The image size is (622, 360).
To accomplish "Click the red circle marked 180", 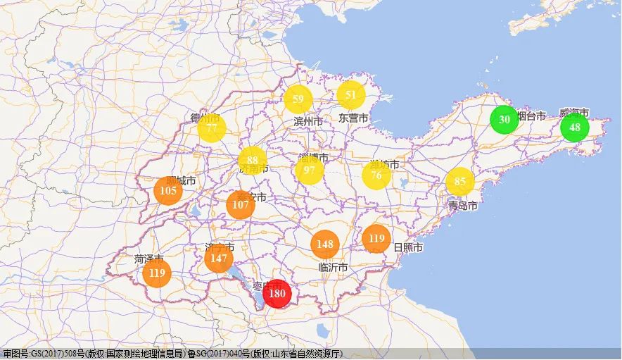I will click(x=277, y=294).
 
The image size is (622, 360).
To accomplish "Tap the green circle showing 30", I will click(x=504, y=119).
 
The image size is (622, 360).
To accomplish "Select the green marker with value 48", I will click(x=575, y=128).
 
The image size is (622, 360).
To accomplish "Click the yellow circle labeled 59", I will click(x=298, y=99).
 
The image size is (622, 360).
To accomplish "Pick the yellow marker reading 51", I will click(x=351, y=95).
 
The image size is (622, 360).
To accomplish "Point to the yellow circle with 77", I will click(x=212, y=128).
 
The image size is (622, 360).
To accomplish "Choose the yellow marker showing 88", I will click(x=253, y=161).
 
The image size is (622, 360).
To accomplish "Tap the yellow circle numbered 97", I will click(x=310, y=170).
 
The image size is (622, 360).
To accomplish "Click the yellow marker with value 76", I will click(x=376, y=175).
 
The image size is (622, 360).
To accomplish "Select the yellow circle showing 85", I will click(x=460, y=182).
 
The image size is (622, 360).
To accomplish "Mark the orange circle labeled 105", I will click(x=168, y=191).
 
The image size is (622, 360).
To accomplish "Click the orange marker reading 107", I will click(x=241, y=204).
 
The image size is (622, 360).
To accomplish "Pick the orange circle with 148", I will click(x=325, y=244).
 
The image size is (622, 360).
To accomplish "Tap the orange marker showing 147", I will click(x=217, y=259).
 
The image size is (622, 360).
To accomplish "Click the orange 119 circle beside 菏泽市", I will click(x=157, y=273).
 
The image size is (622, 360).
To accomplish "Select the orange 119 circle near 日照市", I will click(x=376, y=239).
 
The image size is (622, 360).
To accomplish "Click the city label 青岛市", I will click(x=463, y=206).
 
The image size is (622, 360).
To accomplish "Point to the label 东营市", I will click(x=353, y=118).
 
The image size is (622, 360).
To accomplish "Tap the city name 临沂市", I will click(x=333, y=268).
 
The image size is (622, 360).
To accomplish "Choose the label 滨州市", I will click(x=308, y=122).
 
